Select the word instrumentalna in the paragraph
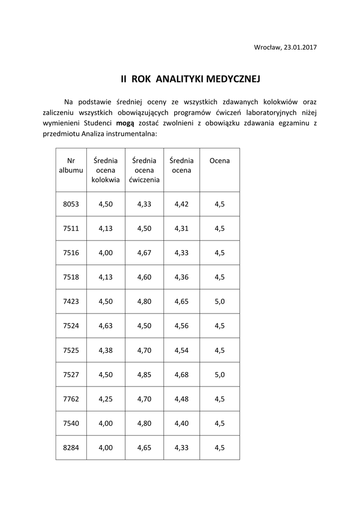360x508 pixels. point(133,134)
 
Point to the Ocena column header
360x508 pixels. point(219,161)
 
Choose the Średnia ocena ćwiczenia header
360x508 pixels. point(144,170)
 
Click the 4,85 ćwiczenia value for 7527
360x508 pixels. point(144,375)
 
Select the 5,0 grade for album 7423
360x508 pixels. point(219,301)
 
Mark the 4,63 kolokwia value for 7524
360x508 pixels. point(106,325)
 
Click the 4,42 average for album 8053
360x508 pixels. point(182,204)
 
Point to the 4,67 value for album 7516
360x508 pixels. point(144,253)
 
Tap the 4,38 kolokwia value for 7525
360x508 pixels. point(106,350)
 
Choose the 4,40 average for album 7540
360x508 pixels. point(182,423)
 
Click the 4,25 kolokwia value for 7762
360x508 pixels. point(106,399)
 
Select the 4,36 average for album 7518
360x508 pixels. point(182,277)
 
